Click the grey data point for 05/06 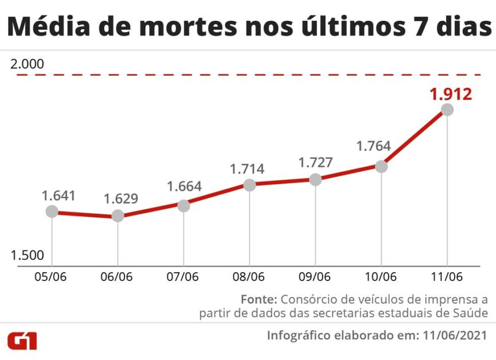tap(52, 212)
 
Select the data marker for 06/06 tap(118, 216)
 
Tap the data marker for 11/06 tap(447, 109)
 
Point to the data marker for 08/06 tap(249, 185)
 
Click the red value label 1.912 tap(451, 93)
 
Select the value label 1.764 tap(373, 146)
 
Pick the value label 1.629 tap(121, 199)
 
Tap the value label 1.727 tap(315, 162)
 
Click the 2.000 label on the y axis tap(27, 64)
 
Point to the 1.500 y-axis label tap(27, 256)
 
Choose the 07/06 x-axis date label tap(182, 276)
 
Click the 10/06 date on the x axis tap(381, 276)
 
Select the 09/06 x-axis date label tap(315, 276)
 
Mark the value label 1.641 tap(58, 195)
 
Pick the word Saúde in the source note tap(471, 313)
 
